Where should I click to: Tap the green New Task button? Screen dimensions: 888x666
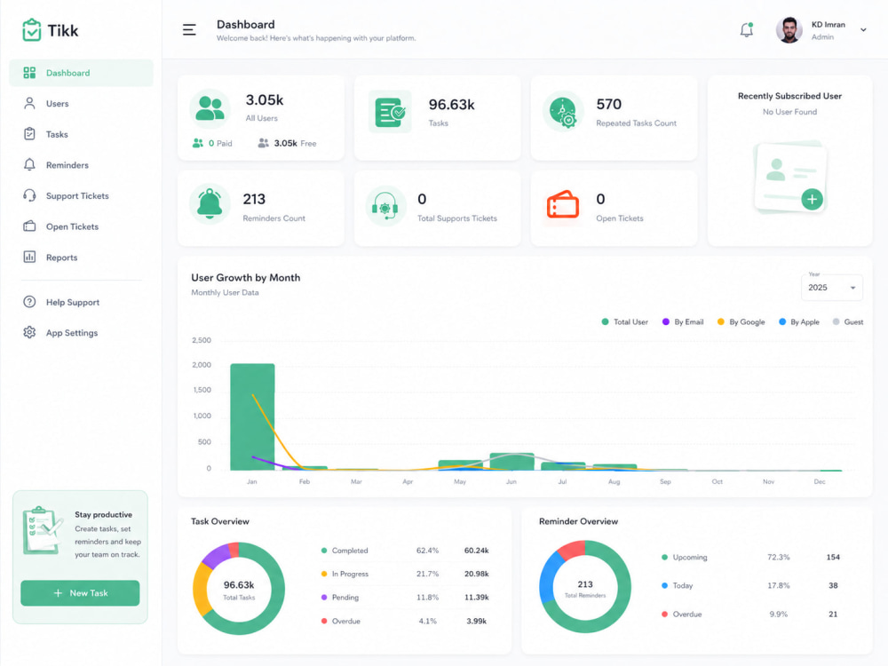point(80,593)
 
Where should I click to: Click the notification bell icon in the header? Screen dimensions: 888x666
point(747,30)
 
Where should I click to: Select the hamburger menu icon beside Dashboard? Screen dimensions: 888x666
point(189,30)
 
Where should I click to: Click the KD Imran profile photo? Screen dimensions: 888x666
point(789,30)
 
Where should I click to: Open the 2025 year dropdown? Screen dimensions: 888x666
point(831,287)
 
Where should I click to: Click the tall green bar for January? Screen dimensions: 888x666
point(252,416)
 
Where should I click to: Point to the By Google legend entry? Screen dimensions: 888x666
point(741,321)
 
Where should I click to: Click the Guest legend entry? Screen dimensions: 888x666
point(848,321)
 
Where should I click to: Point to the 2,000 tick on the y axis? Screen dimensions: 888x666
point(202,365)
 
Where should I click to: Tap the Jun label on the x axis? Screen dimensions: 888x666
point(511,481)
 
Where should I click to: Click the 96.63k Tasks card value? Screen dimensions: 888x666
point(451,105)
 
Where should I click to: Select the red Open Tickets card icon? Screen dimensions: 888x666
point(562,204)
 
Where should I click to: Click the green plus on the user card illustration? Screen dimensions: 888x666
point(813,199)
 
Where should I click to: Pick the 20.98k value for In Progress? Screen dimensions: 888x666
point(476,574)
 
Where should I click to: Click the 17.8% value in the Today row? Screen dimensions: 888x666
point(778,585)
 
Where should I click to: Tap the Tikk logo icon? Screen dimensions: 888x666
point(32,30)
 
